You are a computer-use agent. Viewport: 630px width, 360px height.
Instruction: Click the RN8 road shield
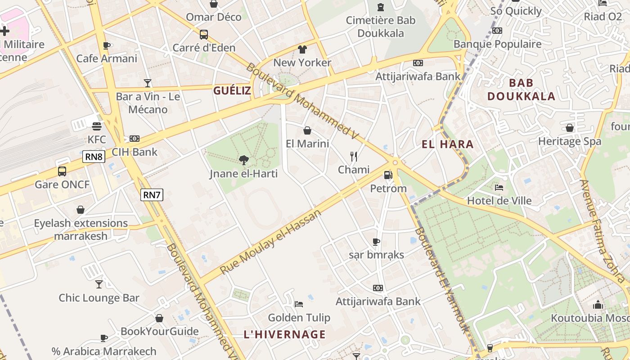[x=94, y=157]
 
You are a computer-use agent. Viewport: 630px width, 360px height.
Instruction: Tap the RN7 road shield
[x=152, y=195]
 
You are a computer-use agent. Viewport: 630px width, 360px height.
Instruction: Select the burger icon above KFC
[x=96, y=126]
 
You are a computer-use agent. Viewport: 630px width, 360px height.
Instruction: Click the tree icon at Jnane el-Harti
[x=243, y=160]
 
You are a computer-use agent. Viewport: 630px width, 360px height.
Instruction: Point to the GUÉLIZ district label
[x=232, y=90]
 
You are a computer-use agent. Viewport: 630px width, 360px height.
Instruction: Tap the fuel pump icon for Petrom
[x=388, y=175]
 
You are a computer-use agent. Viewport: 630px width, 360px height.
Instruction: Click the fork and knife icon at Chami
[x=354, y=156]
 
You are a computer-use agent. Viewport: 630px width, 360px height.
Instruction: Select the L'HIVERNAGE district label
[x=284, y=334]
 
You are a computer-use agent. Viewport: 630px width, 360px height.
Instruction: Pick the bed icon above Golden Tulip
[x=299, y=304]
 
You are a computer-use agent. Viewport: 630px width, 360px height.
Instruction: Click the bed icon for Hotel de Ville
[x=499, y=187]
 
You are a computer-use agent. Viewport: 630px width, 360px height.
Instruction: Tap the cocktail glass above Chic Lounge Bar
[x=99, y=284]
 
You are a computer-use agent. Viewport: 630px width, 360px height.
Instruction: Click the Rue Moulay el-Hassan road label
[x=270, y=242]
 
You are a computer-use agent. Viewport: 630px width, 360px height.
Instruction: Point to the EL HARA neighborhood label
[x=447, y=144]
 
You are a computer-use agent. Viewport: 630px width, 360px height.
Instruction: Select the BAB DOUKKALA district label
[x=521, y=90]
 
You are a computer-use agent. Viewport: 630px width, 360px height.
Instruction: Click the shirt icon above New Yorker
[x=302, y=49]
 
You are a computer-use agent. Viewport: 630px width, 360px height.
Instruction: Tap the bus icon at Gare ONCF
[x=62, y=171]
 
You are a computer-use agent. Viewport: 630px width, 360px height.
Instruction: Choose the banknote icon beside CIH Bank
[x=134, y=139]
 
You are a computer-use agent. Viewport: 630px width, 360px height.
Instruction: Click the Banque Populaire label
[x=497, y=44]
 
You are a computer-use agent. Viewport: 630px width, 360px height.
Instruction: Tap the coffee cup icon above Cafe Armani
[x=107, y=45]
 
